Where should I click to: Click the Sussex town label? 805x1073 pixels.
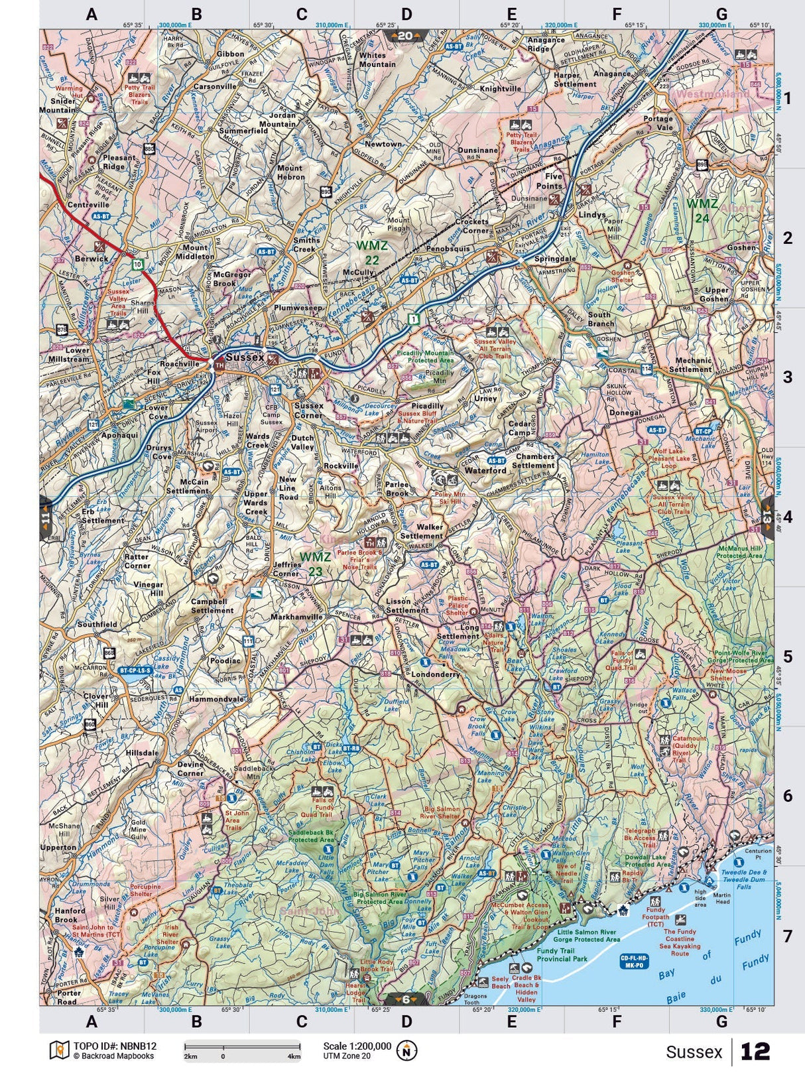[x=245, y=357]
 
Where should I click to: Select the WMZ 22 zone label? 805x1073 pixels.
[x=372, y=253]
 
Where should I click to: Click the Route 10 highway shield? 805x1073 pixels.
[x=137, y=264]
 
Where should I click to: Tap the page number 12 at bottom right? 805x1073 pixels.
[x=755, y=1052]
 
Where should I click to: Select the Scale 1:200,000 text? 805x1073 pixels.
[x=357, y=1045]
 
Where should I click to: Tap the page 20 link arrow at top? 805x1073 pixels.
[x=405, y=36]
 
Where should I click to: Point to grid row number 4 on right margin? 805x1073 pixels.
[x=787, y=517]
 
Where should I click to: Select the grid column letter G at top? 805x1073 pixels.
[x=721, y=14]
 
